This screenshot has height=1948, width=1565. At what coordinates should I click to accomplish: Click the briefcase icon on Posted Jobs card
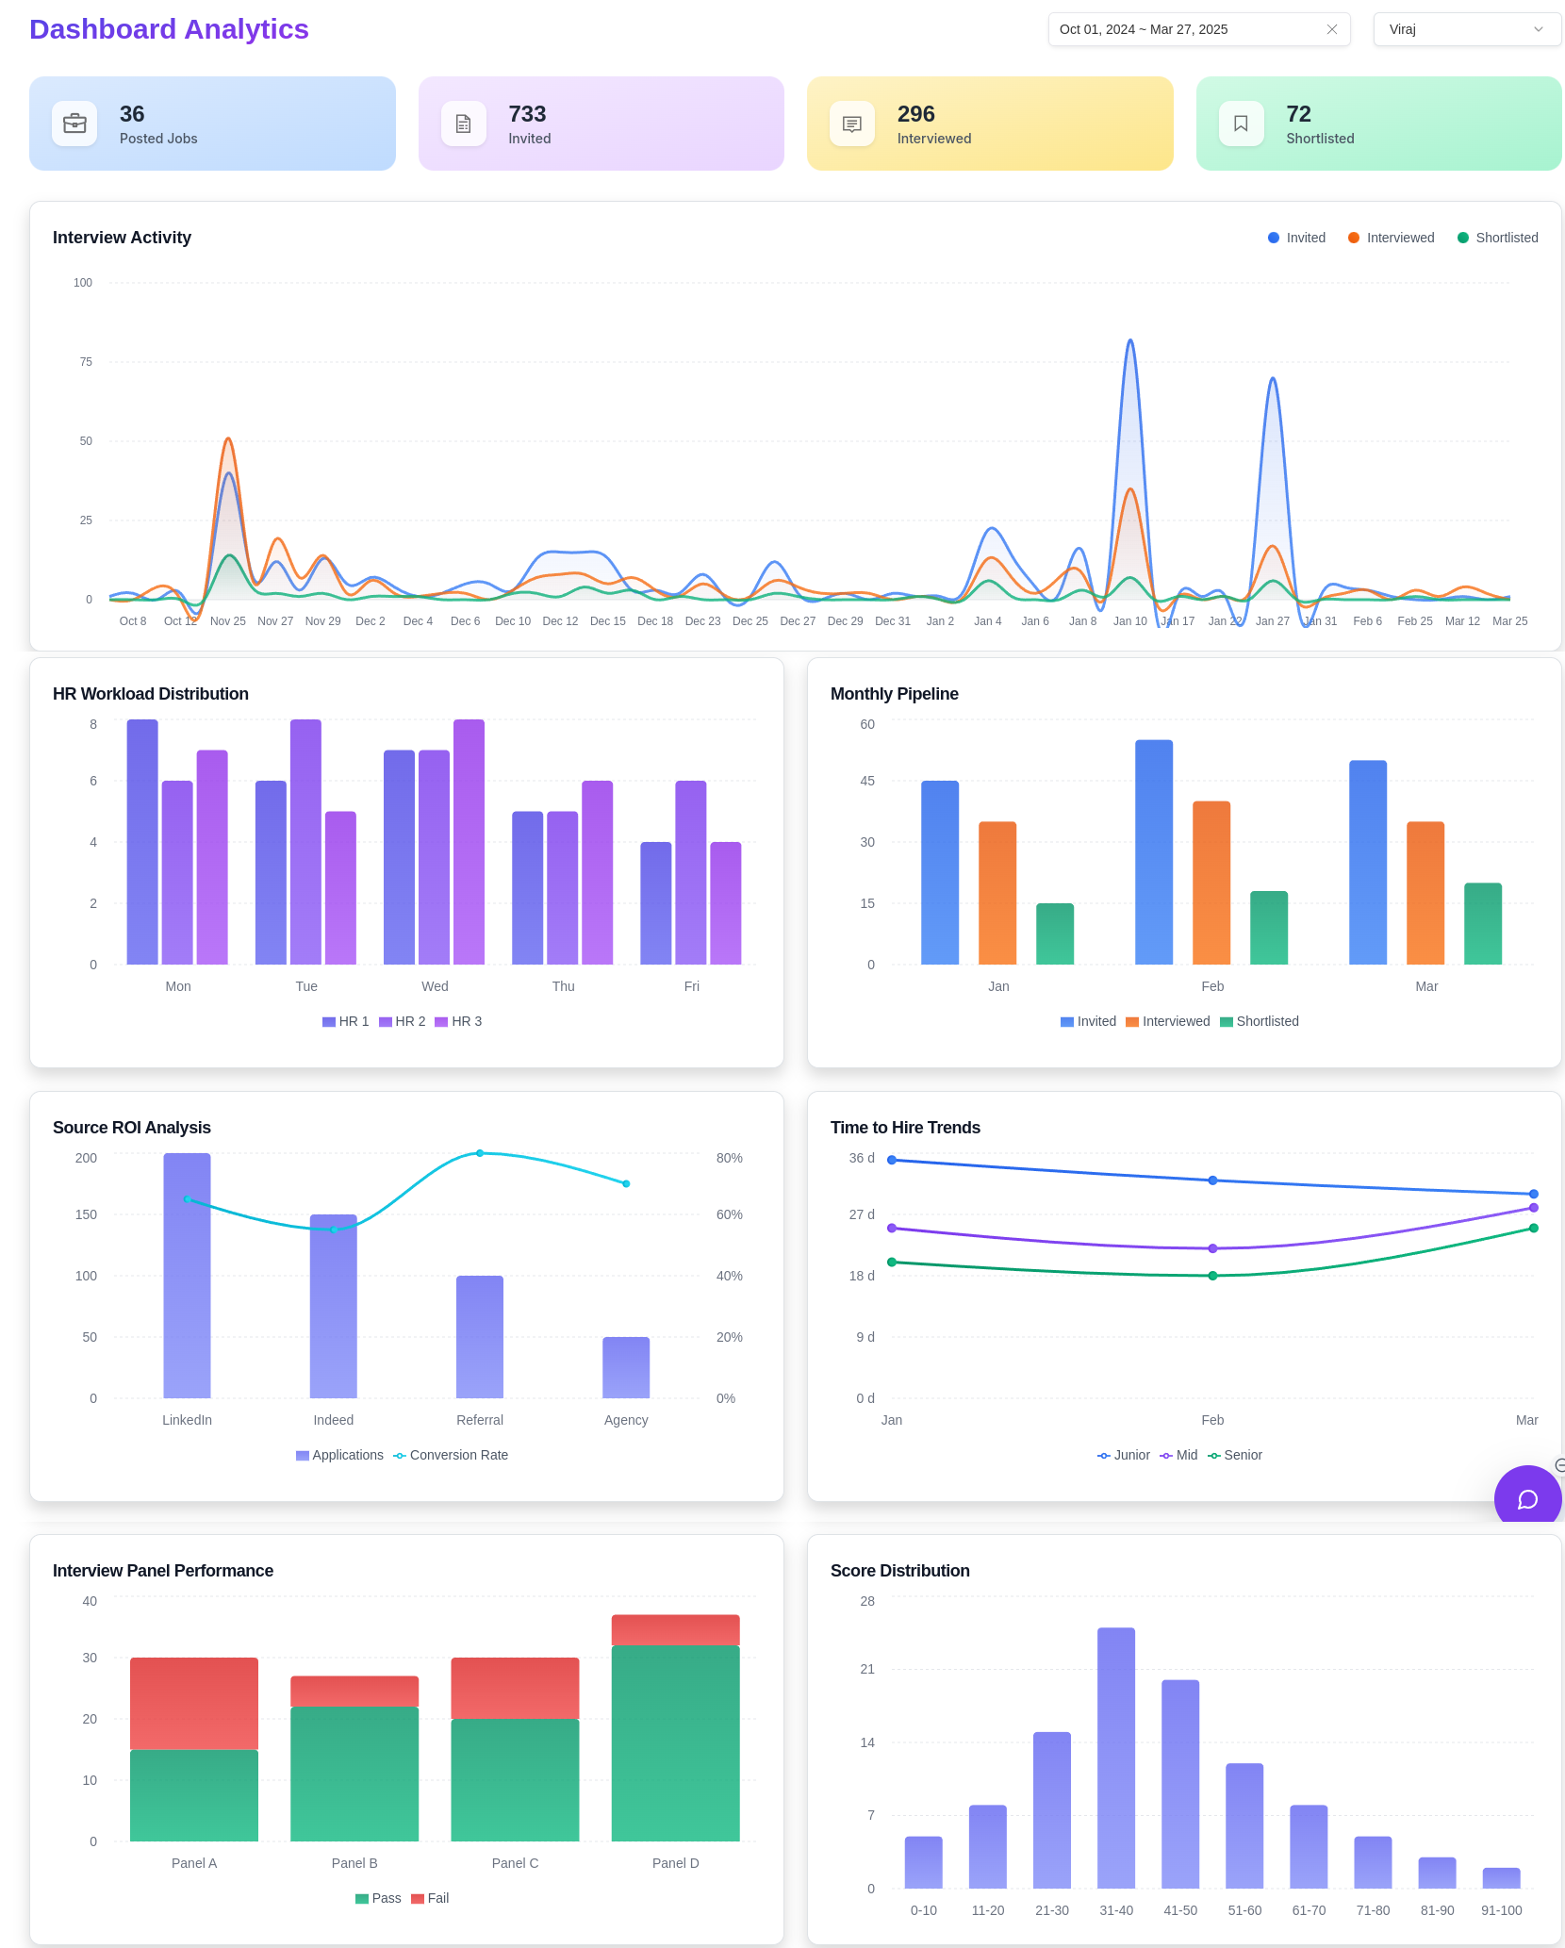click(x=74, y=124)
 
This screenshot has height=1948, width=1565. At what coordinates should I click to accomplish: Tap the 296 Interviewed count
click(x=915, y=114)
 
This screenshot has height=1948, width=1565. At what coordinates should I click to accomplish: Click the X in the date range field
click(x=1332, y=29)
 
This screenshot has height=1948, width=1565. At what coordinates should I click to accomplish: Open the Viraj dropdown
click(x=1466, y=29)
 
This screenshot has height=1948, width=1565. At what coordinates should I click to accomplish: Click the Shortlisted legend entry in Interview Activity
click(x=1497, y=238)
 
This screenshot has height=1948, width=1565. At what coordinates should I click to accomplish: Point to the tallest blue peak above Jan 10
click(x=1130, y=341)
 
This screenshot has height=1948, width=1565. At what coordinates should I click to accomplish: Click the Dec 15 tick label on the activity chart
click(x=607, y=621)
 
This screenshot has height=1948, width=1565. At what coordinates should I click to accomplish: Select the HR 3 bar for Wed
click(x=469, y=841)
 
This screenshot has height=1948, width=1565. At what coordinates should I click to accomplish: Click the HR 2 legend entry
click(x=403, y=1021)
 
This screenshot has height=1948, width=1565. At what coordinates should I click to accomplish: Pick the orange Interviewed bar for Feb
click(x=1211, y=883)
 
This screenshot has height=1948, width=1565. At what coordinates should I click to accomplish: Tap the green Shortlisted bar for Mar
click(x=1482, y=924)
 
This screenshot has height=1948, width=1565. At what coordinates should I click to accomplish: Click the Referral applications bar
click(x=480, y=1336)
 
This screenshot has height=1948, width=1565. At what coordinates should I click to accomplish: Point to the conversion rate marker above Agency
click(x=626, y=1183)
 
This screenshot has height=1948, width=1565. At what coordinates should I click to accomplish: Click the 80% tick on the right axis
click(x=729, y=1158)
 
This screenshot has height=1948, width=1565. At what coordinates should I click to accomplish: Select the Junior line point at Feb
click(x=1212, y=1180)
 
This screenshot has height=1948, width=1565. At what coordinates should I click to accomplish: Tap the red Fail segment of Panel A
click(x=194, y=1703)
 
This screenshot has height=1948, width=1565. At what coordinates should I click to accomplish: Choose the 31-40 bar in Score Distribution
click(x=1116, y=1758)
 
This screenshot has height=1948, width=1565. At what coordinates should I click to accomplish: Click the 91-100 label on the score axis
click(x=1501, y=1910)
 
